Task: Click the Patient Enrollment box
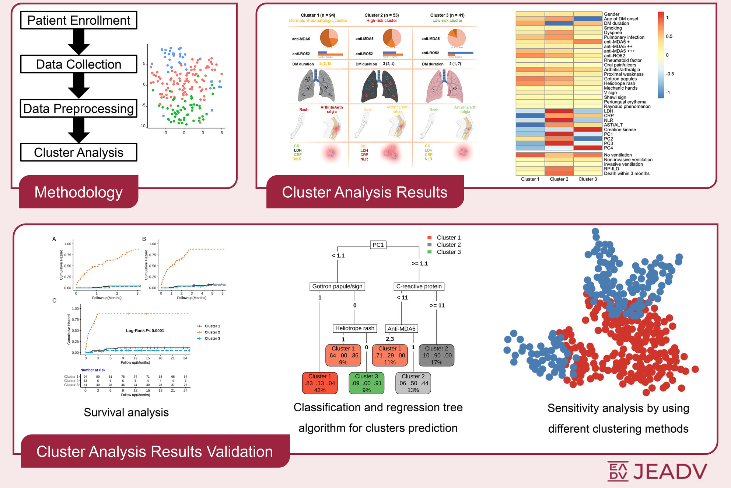tap(78, 20)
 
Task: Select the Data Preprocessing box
tap(78, 108)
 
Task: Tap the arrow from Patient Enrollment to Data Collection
tap(78, 42)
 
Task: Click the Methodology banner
tap(78, 192)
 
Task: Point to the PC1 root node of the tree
tap(378, 245)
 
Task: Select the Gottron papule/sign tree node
tap(337, 287)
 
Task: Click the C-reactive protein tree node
tap(419, 287)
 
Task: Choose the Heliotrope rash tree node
tap(354, 328)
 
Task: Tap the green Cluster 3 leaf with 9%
tap(366, 383)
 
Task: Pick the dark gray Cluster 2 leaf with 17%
tap(436, 355)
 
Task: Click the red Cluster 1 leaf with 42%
tap(320, 383)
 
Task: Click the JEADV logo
tap(657, 471)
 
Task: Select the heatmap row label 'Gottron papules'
tap(620, 79)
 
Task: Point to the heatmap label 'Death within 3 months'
tap(626, 173)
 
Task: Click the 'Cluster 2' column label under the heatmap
tap(559, 179)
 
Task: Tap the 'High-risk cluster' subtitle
tap(381, 21)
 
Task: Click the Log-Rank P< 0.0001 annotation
tap(145, 331)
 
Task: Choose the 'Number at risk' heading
tap(93, 370)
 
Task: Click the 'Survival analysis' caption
tap(126, 412)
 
